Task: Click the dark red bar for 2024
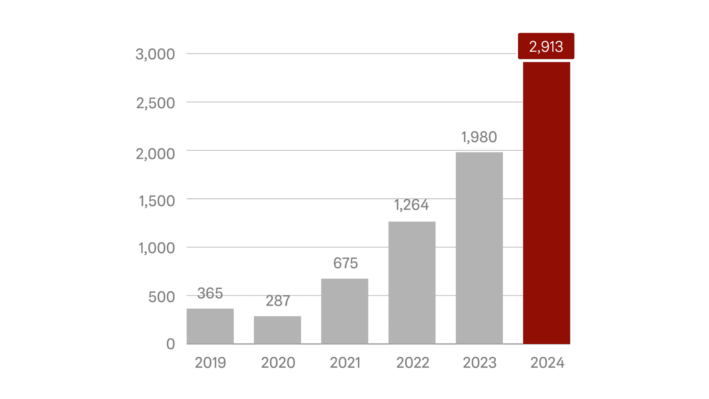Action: click(546, 203)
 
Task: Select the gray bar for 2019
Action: click(210, 326)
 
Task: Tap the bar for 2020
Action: click(277, 330)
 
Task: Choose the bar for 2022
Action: click(412, 283)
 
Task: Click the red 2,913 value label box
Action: click(546, 46)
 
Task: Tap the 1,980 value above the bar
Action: click(479, 137)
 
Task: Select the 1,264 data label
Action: click(411, 205)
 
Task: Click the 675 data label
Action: click(345, 263)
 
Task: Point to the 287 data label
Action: click(278, 301)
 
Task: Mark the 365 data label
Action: click(210, 293)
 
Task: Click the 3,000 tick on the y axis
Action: click(155, 54)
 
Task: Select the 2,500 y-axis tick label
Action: click(155, 103)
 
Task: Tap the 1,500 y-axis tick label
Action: click(157, 201)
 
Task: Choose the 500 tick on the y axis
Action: click(161, 297)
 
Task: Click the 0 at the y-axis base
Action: click(170, 344)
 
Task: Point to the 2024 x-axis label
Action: click(547, 363)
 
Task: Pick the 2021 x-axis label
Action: click(345, 363)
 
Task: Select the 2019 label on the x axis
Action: click(210, 363)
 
